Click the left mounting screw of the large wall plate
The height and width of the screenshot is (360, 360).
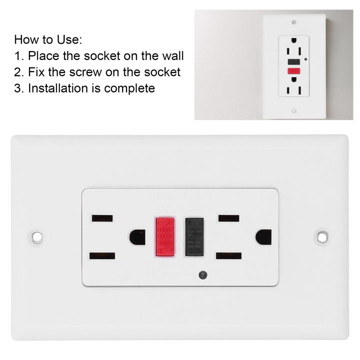click(36, 236)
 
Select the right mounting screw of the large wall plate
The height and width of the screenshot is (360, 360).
click(322, 236)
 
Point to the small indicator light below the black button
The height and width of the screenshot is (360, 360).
click(201, 274)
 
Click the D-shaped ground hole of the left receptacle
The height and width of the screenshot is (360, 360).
click(136, 236)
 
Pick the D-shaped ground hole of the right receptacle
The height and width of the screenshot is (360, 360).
click(263, 236)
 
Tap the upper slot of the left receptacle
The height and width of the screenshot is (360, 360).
click(102, 218)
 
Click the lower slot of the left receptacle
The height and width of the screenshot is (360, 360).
click(102, 255)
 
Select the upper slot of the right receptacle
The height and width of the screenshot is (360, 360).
click(228, 218)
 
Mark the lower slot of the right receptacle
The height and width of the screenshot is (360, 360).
click(228, 255)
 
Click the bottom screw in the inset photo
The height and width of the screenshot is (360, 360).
click(294, 111)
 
